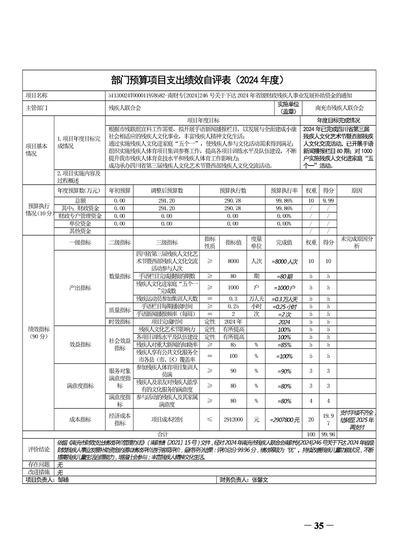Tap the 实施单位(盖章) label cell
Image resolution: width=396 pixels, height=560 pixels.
coord(288,107)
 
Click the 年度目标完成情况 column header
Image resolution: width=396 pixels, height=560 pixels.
coord(338,120)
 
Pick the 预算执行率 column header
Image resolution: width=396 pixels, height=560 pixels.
coord(284,190)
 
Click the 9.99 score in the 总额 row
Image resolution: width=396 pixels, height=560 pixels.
coord(328,200)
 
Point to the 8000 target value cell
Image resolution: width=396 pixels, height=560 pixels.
coord(233,261)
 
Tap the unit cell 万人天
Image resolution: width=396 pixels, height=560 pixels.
coord(256,298)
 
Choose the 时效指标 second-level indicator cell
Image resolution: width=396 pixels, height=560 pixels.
coord(119,322)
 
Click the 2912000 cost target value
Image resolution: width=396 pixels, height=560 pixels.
coord(233,420)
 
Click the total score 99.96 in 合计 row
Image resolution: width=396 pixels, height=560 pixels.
coord(328,434)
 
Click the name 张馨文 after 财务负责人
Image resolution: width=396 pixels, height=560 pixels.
coord(260,480)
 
